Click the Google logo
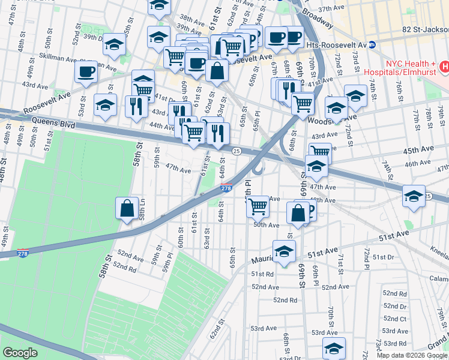pyautogui.click(x=20, y=353)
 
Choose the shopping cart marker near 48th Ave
pyautogui.click(x=258, y=206)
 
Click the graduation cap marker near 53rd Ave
pyautogui.click(x=334, y=348)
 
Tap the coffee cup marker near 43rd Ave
pyautogui.click(x=86, y=72)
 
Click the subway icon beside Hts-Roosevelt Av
pyautogui.click(x=372, y=44)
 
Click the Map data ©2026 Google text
pyautogui.click(x=412, y=355)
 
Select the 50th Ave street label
pyautogui.click(x=267, y=225)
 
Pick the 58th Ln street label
pyautogui.click(x=142, y=208)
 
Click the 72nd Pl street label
pyautogui.click(x=365, y=256)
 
